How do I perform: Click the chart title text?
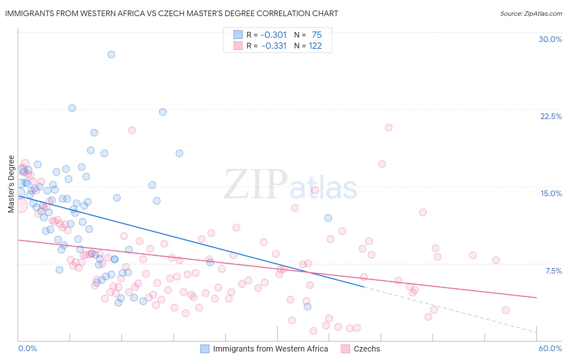point(171,13)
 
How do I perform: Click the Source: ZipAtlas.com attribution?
point(531,13)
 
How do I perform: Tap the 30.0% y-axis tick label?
point(550,39)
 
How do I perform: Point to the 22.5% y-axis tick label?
point(551,116)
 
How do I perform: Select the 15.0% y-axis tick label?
point(551,193)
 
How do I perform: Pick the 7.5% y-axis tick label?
point(553,271)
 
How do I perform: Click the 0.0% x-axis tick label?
point(27,348)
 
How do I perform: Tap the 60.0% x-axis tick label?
point(550,348)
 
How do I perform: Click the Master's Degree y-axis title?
point(11,184)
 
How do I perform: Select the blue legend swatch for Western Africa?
point(205,349)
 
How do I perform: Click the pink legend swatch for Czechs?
point(345,349)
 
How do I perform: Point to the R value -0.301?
point(273,35)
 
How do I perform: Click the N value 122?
point(315,46)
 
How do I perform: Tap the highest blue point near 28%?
point(111,54)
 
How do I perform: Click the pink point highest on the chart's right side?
point(388,128)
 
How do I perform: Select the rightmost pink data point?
point(505,310)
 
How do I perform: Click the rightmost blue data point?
point(328,218)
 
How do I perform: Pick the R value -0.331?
point(274,46)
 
